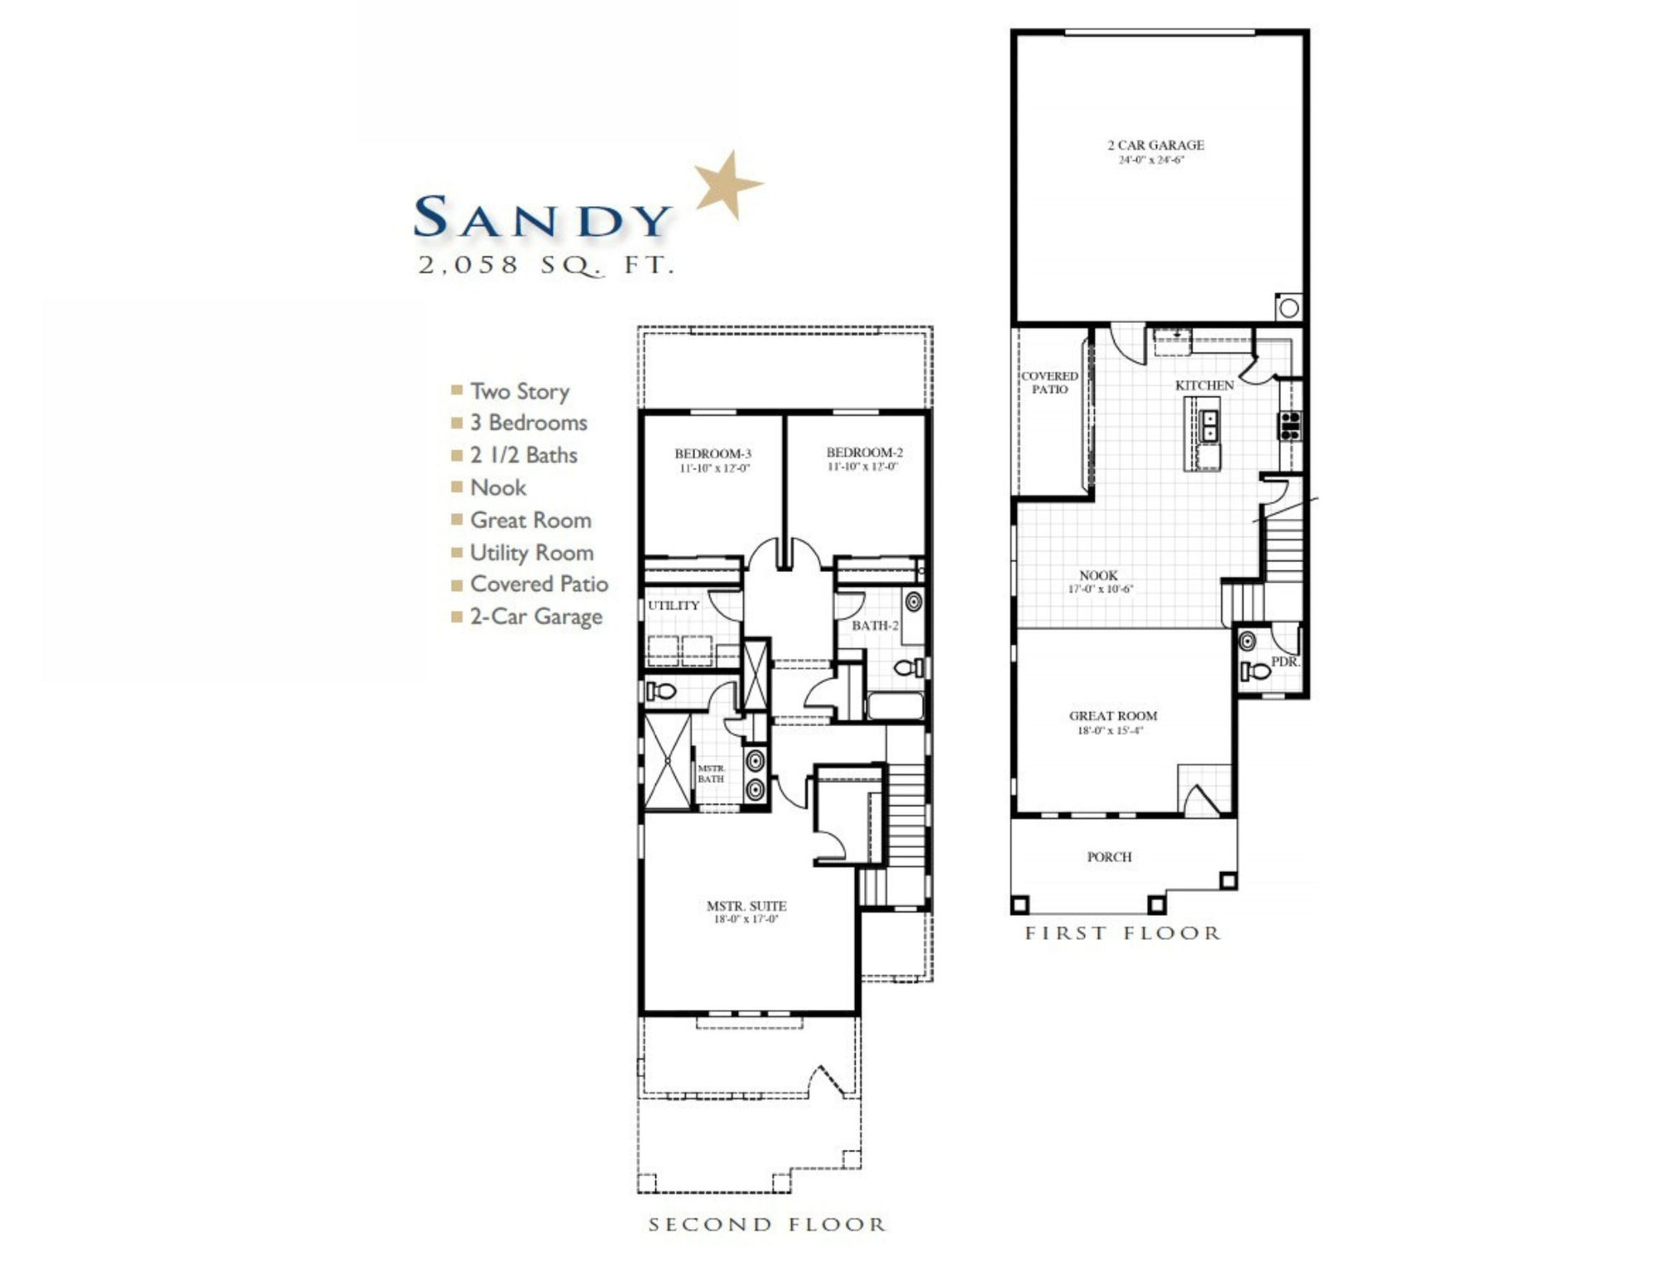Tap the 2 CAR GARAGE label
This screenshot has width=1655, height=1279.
(x=1156, y=146)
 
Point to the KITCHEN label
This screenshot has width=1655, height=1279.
(x=1204, y=386)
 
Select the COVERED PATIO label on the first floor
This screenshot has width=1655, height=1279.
(x=1049, y=383)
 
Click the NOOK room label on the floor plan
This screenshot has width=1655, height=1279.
(x=1098, y=575)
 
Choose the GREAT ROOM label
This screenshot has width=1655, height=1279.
(x=1113, y=716)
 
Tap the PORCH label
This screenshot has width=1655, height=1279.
(x=1109, y=857)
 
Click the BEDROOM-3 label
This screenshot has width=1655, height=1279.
(x=713, y=454)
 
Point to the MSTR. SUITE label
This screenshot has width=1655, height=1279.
(x=746, y=906)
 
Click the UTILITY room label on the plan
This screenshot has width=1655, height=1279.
(x=673, y=605)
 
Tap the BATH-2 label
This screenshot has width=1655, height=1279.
(x=875, y=625)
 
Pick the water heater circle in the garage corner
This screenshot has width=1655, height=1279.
(x=1289, y=308)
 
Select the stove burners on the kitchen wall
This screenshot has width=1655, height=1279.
(x=1290, y=425)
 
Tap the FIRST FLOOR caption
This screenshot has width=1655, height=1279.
(x=1122, y=933)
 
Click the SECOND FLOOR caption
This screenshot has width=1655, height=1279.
(x=767, y=1224)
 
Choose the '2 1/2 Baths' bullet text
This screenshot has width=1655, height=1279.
(x=523, y=455)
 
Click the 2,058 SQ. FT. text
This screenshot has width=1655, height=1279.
(x=545, y=266)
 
